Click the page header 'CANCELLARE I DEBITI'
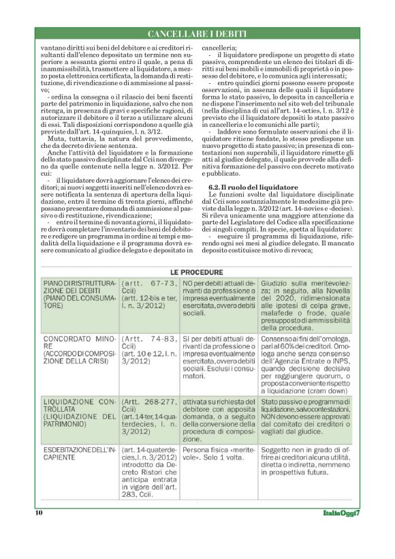pyautogui.click(x=197, y=33)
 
